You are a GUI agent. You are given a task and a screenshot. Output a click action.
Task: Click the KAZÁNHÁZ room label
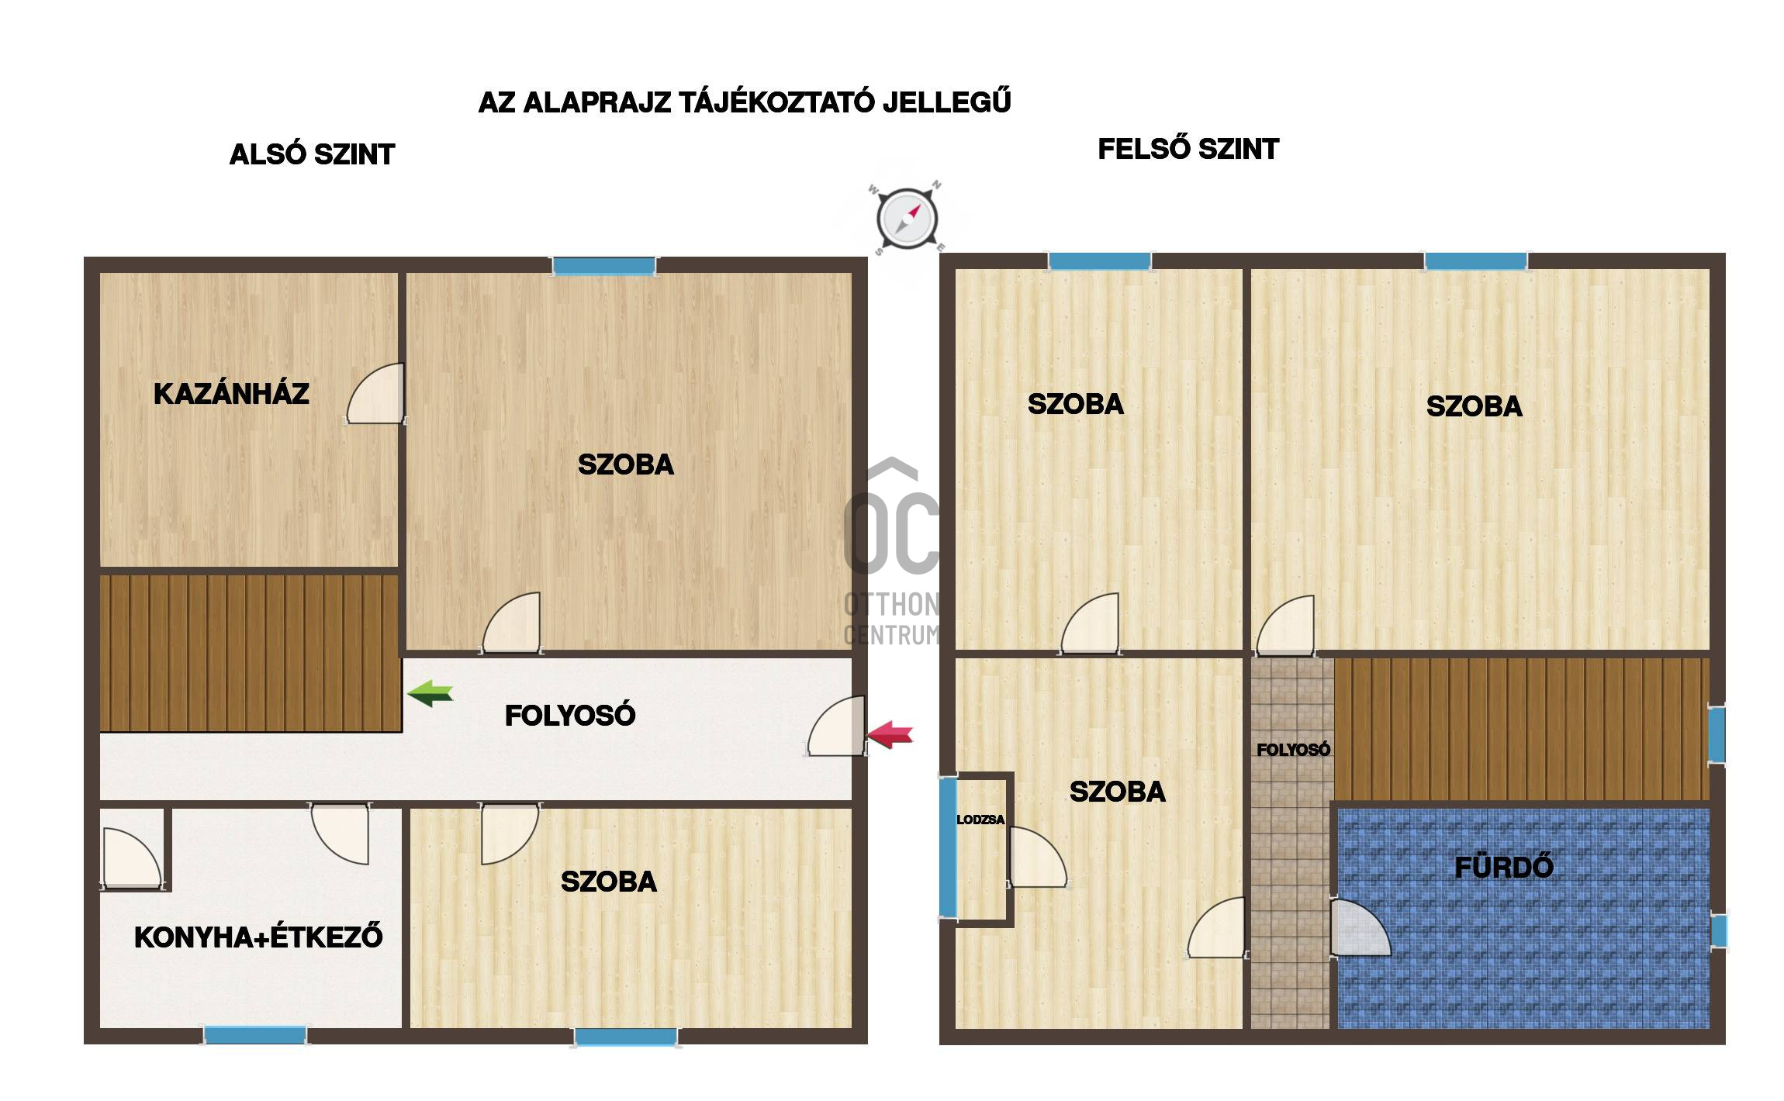231,393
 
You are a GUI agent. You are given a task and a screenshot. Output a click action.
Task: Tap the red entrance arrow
890,733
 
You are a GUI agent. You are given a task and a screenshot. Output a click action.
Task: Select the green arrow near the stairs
430,692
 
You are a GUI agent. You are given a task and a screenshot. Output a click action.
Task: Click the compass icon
907,218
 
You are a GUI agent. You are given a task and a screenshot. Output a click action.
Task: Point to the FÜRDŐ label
1504,867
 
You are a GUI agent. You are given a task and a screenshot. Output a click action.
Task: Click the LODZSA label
980,820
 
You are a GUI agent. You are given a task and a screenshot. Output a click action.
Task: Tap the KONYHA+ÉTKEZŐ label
258,937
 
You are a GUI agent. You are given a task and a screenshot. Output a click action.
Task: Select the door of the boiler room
375,393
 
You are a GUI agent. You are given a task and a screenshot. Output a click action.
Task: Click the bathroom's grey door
1360,927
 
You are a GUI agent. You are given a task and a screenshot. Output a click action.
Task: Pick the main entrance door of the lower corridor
836,726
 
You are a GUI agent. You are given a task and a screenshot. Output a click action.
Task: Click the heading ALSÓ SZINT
312,154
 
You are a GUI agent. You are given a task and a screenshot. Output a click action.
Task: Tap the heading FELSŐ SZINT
1188,149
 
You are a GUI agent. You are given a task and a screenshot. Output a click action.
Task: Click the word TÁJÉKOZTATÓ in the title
776,102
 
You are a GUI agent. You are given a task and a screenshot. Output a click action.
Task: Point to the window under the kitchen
255,1035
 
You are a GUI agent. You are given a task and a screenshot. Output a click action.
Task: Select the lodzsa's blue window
948,847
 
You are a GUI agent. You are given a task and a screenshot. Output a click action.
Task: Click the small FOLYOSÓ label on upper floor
1293,750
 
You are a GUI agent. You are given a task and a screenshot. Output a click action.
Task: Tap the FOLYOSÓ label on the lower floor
570,716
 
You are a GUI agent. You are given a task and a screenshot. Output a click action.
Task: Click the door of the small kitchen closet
132,858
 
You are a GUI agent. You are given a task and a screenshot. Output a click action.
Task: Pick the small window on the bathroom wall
1719,931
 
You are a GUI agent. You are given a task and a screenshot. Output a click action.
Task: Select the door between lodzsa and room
1037,857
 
